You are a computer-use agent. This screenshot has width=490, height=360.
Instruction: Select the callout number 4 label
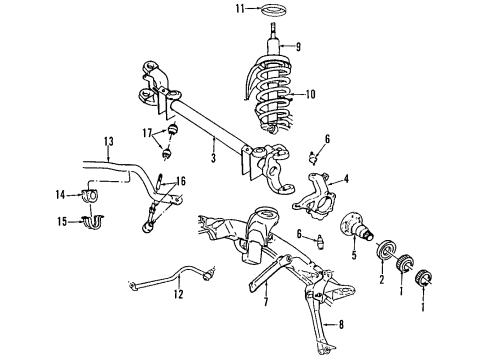[345, 180]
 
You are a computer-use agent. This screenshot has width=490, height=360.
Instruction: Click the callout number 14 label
[59, 193]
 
